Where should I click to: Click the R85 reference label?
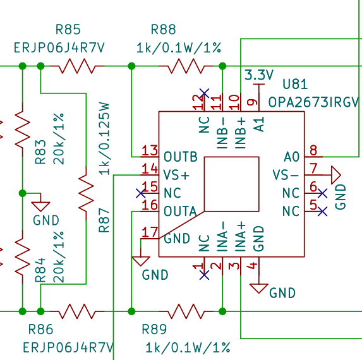tap(68, 30)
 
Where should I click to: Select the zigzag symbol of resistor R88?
tap(186, 66)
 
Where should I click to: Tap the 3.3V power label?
tap(259, 75)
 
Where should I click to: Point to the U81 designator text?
tap(295, 84)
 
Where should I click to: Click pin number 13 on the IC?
tap(150, 150)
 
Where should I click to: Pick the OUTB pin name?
tap(181, 157)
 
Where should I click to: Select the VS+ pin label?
tap(176, 175)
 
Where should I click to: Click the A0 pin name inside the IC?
tap(292, 157)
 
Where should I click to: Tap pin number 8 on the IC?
tap(313, 150)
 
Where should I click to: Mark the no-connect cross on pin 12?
tap(204, 93)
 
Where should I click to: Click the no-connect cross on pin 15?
tap(141, 193)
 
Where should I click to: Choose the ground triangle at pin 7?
tap(336, 175)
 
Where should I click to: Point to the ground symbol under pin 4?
tap(259, 289)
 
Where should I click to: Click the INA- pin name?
tap(222, 237)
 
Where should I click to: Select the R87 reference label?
tap(104, 220)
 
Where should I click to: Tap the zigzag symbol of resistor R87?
tap(86, 193)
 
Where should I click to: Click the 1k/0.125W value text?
tap(104, 138)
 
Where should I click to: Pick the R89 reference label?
tap(154, 329)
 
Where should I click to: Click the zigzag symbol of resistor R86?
tap(77, 311)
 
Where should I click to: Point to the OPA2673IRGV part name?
tap(314, 102)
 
